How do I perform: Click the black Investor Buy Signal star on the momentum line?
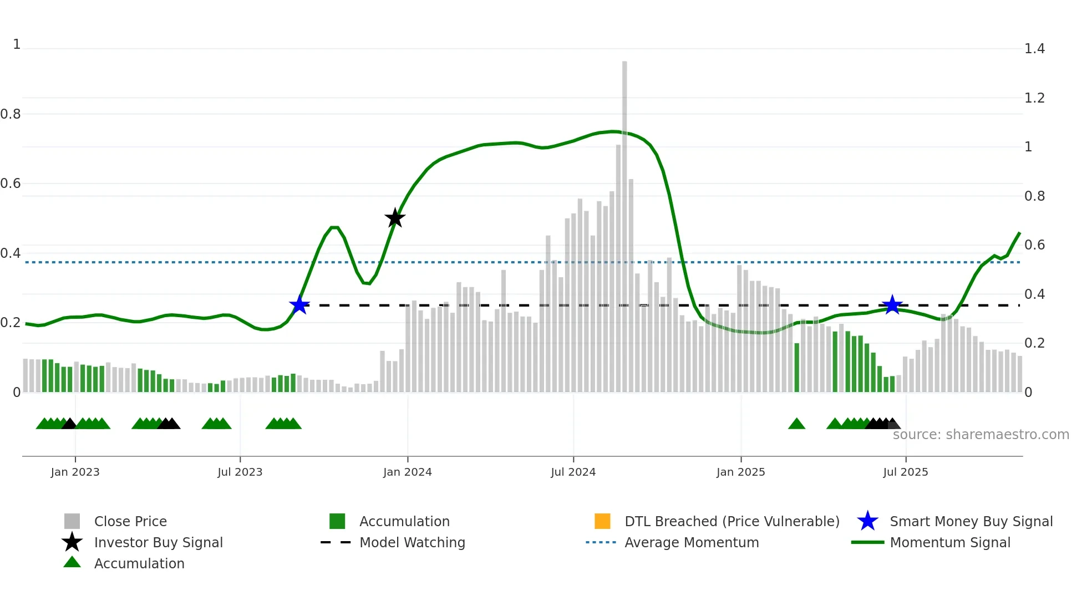pyautogui.click(x=395, y=218)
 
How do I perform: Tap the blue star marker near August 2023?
pyautogui.click(x=299, y=305)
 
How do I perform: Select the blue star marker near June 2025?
pyautogui.click(x=892, y=305)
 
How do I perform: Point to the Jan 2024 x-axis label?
pyautogui.click(x=407, y=472)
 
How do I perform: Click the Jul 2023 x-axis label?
pyautogui.click(x=240, y=472)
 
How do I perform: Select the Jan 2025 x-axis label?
pyautogui.click(x=740, y=472)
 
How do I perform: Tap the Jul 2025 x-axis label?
pyautogui.click(x=905, y=472)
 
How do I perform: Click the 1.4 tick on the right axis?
pyautogui.click(x=1034, y=49)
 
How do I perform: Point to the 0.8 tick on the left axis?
pyautogui.click(x=11, y=114)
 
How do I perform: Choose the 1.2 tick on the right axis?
pyautogui.click(x=1034, y=98)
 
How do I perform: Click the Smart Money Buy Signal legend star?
pyautogui.click(x=867, y=521)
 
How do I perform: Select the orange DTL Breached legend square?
pyautogui.click(x=602, y=521)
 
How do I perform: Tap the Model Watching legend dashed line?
pyautogui.click(x=336, y=542)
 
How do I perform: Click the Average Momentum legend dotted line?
pyautogui.click(x=601, y=542)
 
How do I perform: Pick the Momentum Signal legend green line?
pyautogui.click(x=867, y=542)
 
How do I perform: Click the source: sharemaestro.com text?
pyautogui.click(x=981, y=435)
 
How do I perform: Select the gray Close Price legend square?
pyautogui.click(x=72, y=521)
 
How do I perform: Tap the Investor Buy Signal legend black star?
pyautogui.click(x=72, y=542)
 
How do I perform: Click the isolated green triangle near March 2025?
pyautogui.click(x=796, y=424)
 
